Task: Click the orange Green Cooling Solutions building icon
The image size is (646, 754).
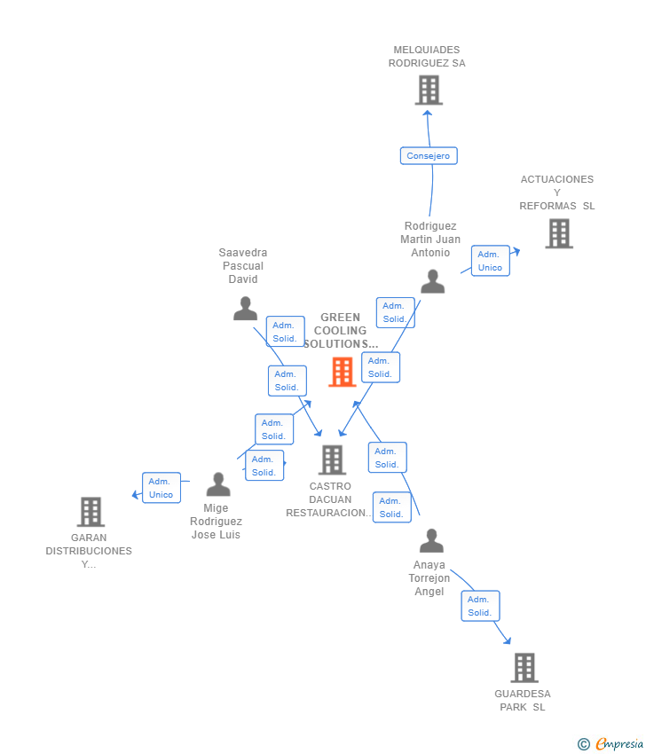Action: [342, 372]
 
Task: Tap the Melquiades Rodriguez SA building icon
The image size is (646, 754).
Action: [429, 90]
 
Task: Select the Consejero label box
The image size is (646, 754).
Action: [429, 156]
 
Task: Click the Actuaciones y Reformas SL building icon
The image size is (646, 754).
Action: [558, 233]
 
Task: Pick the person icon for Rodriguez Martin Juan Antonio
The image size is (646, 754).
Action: [432, 281]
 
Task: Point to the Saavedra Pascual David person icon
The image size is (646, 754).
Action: [245, 309]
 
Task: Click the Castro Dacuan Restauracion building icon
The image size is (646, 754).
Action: [332, 459]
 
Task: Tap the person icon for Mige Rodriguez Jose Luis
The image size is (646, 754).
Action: [217, 484]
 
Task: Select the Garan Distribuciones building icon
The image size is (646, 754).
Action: [91, 512]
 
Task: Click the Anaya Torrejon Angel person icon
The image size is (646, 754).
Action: [431, 540]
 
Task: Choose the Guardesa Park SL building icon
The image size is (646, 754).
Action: [524, 667]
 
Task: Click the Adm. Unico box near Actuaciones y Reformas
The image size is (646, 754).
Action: [490, 261]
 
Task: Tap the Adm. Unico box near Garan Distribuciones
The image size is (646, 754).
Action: [161, 488]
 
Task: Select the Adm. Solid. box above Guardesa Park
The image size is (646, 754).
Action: [480, 606]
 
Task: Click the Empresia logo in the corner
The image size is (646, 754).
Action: [619, 744]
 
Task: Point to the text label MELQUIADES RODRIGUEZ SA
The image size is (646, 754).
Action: [427, 57]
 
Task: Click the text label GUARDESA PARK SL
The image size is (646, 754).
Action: [523, 701]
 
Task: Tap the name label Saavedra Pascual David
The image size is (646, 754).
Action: [243, 266]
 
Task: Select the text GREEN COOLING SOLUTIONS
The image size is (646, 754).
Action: [341, 331]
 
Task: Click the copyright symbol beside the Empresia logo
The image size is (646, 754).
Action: [584, 744]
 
